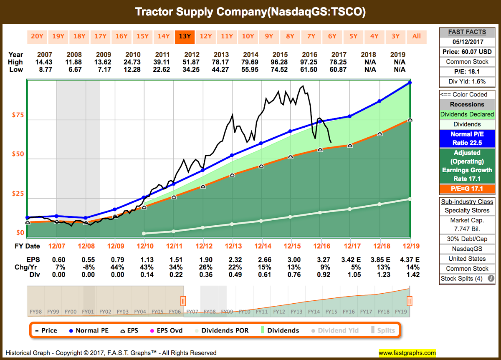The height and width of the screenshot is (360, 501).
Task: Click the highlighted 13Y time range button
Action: (185, 36)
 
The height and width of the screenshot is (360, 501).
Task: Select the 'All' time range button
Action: (416, 36)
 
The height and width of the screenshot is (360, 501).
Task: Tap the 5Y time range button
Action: (353, 36)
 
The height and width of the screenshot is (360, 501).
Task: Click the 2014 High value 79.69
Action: (250, 62)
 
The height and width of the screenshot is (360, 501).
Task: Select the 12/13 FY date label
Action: (232, 246)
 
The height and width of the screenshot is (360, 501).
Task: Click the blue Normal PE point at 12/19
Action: (410, 83)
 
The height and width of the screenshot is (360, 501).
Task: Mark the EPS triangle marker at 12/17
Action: (350, 146)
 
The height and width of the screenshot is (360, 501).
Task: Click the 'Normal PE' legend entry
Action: (89, 330)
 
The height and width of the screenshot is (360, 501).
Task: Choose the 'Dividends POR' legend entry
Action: (221, 330)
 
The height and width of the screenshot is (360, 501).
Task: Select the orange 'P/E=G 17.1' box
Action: (467, 189)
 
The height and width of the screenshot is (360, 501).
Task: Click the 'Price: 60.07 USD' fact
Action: (467, 51)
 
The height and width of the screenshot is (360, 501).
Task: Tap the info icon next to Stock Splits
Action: (491, 279)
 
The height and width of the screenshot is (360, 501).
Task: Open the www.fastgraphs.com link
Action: (407, 353)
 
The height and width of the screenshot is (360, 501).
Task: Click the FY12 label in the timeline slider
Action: (279, 312)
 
